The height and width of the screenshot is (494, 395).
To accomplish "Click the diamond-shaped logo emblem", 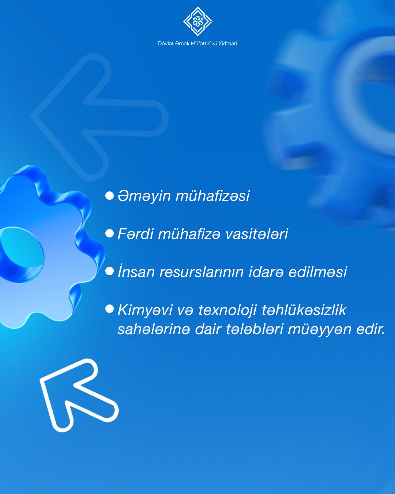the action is [197, 21].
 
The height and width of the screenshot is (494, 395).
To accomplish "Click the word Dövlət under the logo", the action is [165, 44].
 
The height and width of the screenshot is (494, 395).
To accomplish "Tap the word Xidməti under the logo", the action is [228, 44].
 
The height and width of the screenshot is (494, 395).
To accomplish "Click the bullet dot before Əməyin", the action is [109, 196].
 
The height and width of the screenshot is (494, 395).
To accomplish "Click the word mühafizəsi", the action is [212, 196].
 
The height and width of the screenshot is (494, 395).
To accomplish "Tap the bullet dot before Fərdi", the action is [109, 233].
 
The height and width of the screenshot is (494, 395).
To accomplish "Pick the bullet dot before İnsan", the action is [109, 271].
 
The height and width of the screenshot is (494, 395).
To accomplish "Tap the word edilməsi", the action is [317, 272].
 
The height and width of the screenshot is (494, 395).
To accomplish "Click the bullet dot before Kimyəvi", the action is [109, 309].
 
